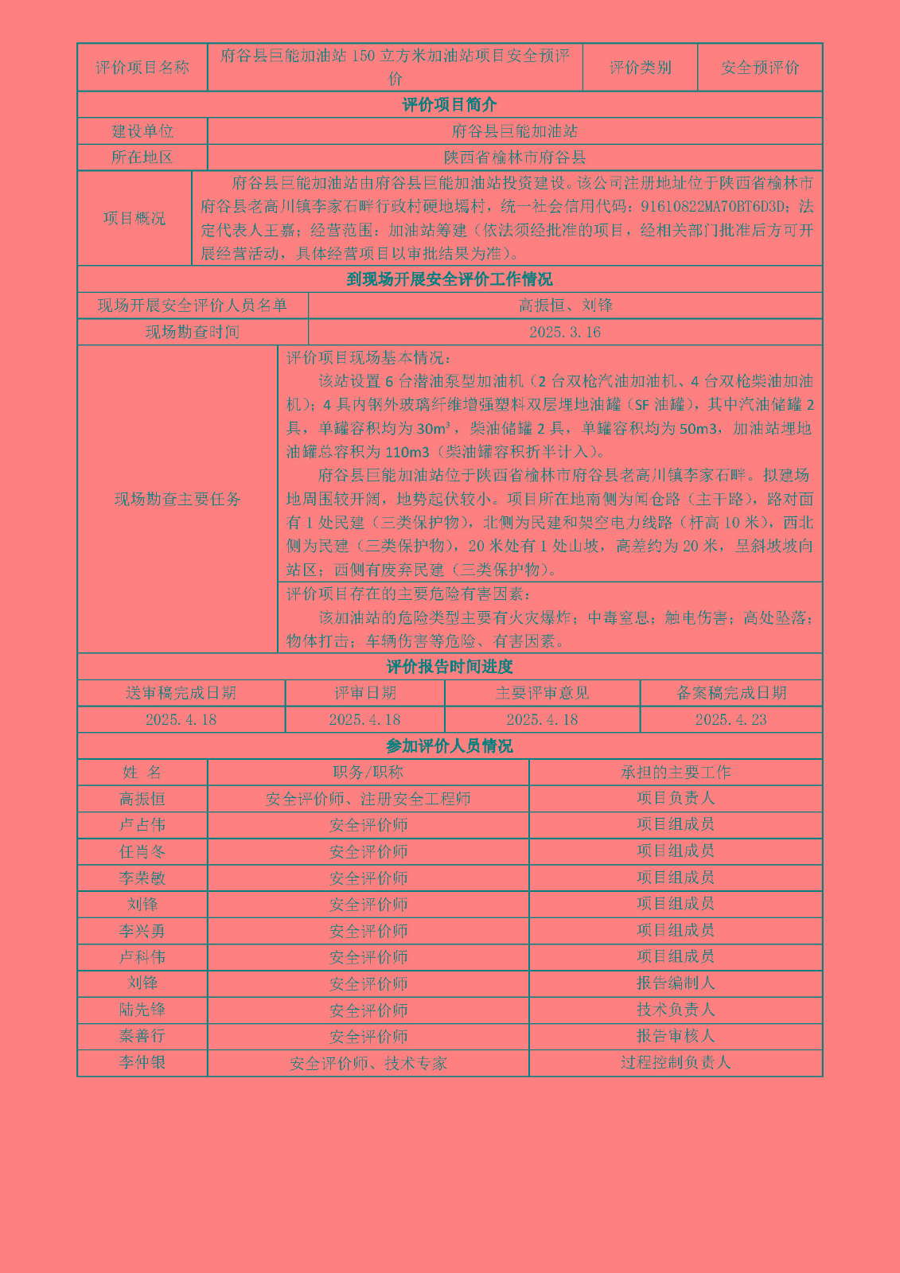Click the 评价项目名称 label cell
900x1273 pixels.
click(142, 68)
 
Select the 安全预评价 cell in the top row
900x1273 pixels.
click(760, 68)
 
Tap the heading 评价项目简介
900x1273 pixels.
click(450, 105)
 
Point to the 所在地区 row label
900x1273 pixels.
click(142, 158)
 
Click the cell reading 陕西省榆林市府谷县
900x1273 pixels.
click(515, 158)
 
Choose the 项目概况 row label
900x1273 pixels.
click(134, 218)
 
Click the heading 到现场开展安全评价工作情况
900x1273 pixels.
click(450, 279)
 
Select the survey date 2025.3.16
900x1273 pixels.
click(565, 332)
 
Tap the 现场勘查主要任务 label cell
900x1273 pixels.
click(177, 499)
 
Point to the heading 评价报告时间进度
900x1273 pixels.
click(450, 667)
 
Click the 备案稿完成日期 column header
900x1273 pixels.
click(731, 693)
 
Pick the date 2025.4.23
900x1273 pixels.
click(731, 719)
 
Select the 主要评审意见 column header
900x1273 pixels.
click(542, 693)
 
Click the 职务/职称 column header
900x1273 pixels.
click(368, 772)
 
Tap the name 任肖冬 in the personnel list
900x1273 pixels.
click(142, 851)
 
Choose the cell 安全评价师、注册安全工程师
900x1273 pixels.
click(368, 799)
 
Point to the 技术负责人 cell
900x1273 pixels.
click(676, 1010)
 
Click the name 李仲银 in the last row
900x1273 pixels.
click(142, 1062)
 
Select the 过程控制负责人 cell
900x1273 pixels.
click(676, 1062)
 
